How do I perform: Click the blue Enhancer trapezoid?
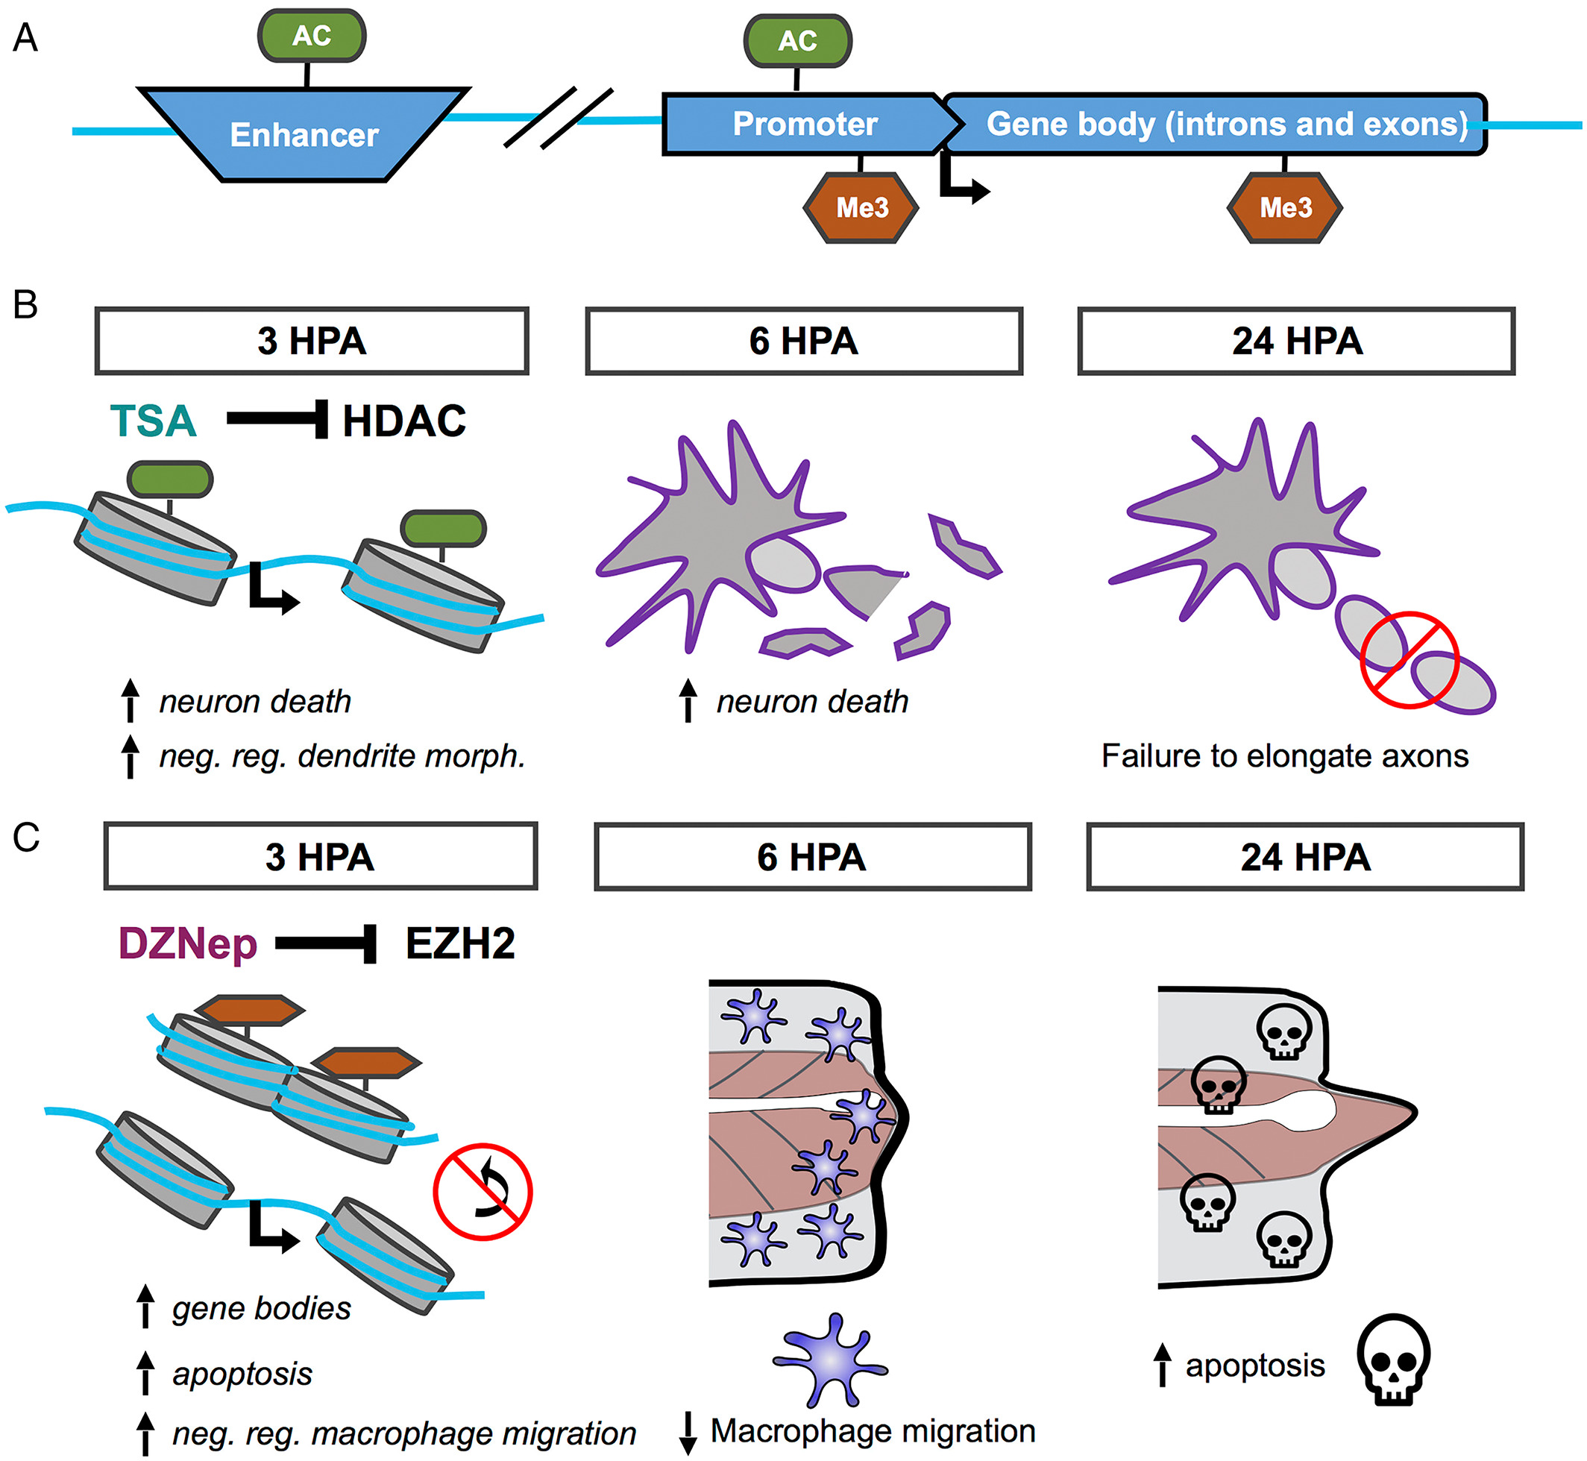[304, 134]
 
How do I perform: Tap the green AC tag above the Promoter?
[797, 40]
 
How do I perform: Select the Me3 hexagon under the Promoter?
[861, 207]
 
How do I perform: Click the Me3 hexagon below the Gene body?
[1284, 207]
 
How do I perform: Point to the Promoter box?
[805, 124]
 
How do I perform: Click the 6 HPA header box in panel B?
[803, 341]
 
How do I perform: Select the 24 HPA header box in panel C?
[1304, 857]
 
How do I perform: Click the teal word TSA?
[153, 421]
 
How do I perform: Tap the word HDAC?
[404, 421]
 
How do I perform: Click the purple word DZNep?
[187, 943]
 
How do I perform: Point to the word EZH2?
[460, 943]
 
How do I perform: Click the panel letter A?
[25, 37]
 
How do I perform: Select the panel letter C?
[25, 838]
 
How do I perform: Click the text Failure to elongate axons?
[1284, 755]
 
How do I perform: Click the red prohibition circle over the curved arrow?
[483, 1192]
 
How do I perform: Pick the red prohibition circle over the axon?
[1409, 660]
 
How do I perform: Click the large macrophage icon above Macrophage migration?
[830, 1360]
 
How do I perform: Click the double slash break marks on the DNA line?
[559, 119]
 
